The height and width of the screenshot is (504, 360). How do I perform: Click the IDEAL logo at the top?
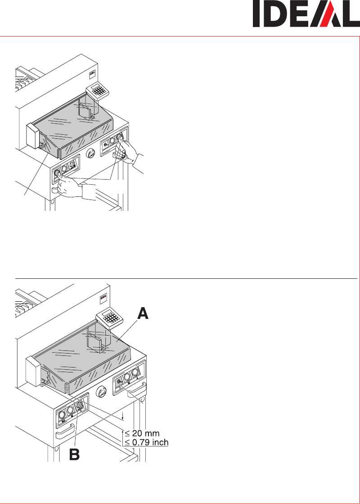click(x=306, y=14)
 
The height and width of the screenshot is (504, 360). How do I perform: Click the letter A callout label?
click(x=143, y=313)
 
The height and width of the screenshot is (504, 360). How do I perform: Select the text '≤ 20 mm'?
click(x=142, y=433)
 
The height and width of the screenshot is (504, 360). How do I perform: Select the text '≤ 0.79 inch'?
click(x=146, y=442)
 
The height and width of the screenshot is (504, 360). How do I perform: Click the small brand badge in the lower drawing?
click(x=104, y=297)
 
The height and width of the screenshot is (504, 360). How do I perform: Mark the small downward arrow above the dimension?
click(x=123, y=416)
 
